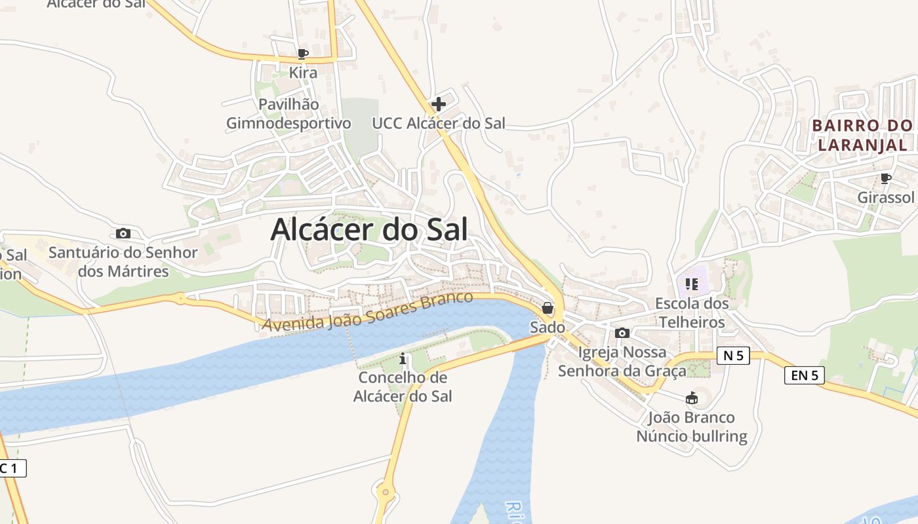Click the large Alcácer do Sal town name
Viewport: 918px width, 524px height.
369,230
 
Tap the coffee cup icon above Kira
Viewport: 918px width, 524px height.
302,54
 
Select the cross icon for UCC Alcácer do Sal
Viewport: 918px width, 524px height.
439,103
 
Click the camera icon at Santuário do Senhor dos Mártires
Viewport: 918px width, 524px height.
123,233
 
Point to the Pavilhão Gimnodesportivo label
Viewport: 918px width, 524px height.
289,114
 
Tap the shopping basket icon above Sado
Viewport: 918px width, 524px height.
548,308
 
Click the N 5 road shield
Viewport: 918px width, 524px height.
733,356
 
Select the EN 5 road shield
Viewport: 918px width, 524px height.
805,375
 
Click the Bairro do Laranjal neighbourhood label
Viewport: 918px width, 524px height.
862,135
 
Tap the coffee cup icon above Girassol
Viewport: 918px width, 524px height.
885,178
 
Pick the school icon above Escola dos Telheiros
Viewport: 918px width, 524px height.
691,284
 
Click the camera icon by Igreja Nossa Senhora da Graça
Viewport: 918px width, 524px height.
622,333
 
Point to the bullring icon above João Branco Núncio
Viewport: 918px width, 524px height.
691,398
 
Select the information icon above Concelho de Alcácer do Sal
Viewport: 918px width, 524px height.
403,359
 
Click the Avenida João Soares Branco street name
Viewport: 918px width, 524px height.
367,310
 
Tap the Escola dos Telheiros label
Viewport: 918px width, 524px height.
692,313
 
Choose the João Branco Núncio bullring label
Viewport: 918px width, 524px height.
692,427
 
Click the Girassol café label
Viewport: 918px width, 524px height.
885,198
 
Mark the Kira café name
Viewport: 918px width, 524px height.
303,73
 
